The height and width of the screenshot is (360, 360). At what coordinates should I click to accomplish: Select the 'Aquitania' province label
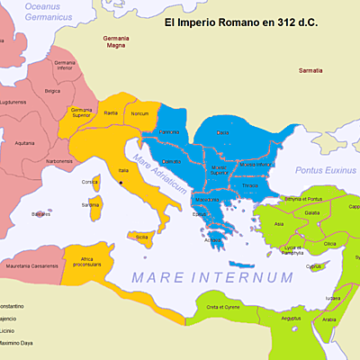tap(25, 142)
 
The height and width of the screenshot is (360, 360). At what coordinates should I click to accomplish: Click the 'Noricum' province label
tap(139, 114)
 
